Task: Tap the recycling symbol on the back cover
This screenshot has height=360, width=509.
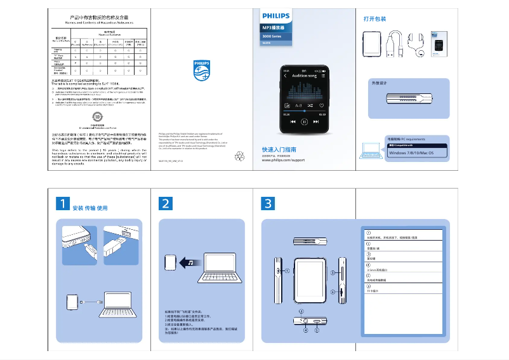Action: [240, 155]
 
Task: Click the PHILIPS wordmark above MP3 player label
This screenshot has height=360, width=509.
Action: [276, 16]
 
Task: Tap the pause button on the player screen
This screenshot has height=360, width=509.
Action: [305, 121]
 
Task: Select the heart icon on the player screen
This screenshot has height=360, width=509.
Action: [322, 105]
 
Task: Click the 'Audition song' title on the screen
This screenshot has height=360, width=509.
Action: [304, 76]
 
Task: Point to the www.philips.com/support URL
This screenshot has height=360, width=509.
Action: [283, 161]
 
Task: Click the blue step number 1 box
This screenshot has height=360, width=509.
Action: [62, 203]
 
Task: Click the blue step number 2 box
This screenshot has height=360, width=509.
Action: [166, 203]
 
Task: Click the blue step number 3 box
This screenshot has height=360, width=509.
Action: [268, 203]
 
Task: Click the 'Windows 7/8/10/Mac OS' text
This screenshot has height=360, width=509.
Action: [411, 153]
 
